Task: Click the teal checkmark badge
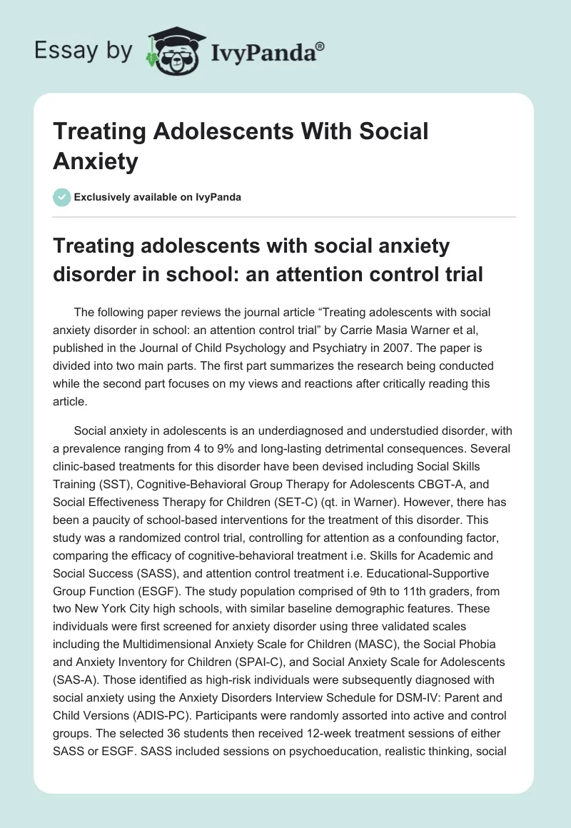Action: pos(62,198)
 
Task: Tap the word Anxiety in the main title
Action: pos(95,161)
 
